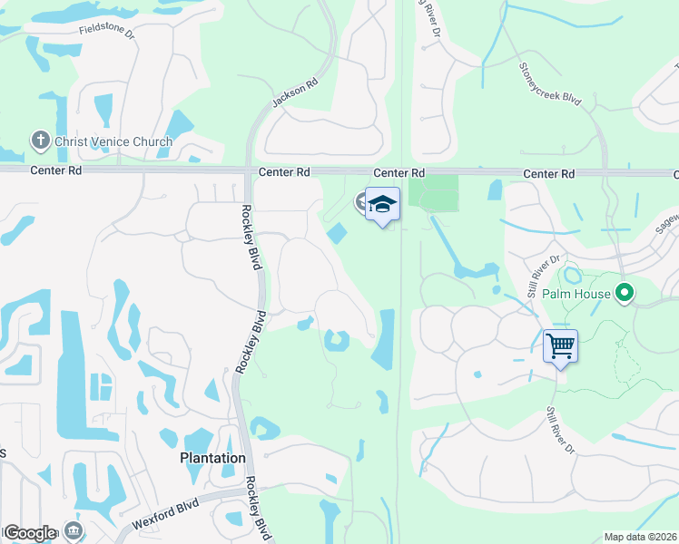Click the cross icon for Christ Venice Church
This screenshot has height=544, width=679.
coord(40,141)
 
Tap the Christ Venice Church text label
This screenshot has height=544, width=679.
coord(113,141)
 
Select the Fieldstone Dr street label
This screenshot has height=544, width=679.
coord(107,32)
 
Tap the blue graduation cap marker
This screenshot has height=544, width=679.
coord(382,205)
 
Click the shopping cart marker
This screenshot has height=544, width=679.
coord(560,345)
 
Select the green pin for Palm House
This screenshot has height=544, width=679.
coord(624,294)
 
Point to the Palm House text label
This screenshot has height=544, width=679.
coord(575,295)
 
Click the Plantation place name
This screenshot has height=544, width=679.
coord(212,458)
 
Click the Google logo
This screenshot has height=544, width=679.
coord(29,533)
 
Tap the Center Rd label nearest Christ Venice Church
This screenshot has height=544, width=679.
coord(56,170)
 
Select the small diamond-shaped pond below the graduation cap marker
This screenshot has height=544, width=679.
coord(336,233)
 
